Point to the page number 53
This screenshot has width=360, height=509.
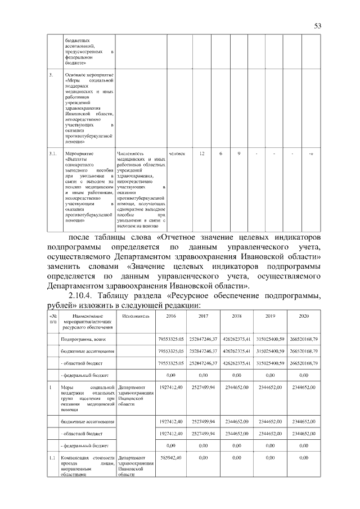(317, 26)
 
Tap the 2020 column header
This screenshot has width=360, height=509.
(304, 316)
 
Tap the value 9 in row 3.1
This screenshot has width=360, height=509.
(239, 153)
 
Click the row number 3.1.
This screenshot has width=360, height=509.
(52, 153)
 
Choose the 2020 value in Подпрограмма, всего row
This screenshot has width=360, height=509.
(304, 340)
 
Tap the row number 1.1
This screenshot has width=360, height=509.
(52, 458)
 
